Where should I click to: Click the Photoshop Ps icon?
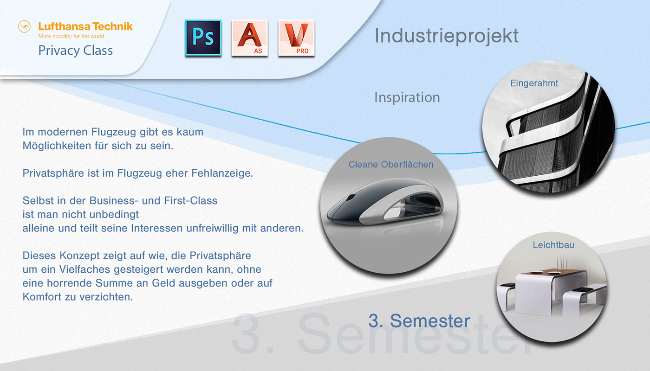click(x=203, y=38)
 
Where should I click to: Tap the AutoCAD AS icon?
click(x=250, y=38)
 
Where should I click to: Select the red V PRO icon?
click(x=296, y=38)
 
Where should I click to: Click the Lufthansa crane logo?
click(x=24, y=26)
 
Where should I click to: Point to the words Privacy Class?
click(x=75, y=50)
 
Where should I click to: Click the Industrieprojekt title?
click(x=446, y=36)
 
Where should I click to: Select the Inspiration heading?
click(x=407, y=97)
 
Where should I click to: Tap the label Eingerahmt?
click(x=534, y=83)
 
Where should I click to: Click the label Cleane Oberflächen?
click(x=391, y=165)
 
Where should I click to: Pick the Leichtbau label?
click(x=553, y=245)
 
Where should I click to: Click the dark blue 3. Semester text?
click(x=419, y=320)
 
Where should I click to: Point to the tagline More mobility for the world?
click(x=71, y=36)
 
